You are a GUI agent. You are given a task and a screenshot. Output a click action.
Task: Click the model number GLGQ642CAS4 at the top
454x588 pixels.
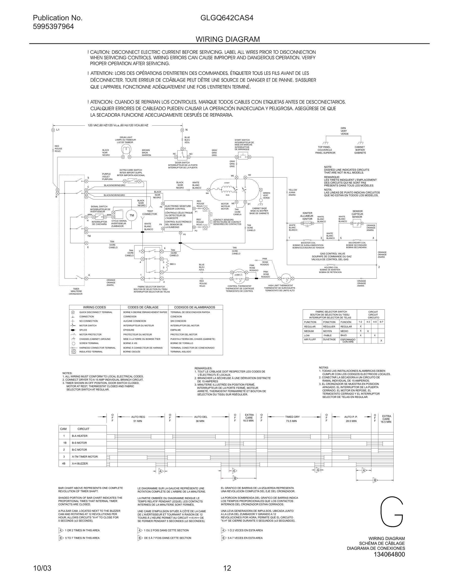point(227,18)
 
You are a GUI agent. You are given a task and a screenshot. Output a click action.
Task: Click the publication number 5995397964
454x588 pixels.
point(53,27)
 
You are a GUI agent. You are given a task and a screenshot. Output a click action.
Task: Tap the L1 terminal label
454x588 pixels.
point(58,130)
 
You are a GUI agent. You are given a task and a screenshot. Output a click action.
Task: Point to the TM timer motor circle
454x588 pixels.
point(132,215)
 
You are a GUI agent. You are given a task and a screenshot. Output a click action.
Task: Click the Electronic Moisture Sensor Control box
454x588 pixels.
point(178,216)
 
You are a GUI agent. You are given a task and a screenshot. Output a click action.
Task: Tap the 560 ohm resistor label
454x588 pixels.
point(173,264)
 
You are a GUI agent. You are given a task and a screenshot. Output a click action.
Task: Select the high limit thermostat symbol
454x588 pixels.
point(286,278)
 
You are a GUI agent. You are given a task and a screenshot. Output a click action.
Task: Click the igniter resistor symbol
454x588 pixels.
point(307,223)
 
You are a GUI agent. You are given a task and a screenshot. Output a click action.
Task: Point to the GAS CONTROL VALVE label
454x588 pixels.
point(332,254)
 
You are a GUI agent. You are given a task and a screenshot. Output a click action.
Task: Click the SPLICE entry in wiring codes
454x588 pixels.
point(83,330)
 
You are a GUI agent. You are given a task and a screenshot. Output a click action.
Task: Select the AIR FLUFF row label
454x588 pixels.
point(310,340)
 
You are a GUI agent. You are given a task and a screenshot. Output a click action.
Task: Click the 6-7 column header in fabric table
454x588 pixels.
point(381,322)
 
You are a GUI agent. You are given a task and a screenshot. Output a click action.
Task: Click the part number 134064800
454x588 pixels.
point(389,554)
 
